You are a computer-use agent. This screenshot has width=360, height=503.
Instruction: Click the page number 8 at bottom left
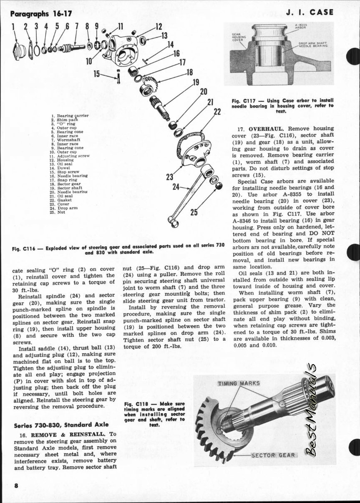pos(15,485)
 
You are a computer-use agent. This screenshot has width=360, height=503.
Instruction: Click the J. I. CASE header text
pos(310,12)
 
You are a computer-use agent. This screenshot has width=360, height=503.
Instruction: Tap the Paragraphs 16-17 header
pos(41,13)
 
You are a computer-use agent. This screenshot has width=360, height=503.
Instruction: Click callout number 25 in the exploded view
pos(194,213)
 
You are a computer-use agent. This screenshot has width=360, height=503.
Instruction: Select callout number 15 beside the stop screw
pos(97,74)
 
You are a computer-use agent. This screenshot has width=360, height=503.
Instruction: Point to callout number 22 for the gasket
pos(217,112)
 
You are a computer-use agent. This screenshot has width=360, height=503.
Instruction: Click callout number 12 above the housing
pos(159,27)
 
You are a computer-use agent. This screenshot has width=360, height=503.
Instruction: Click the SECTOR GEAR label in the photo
pos(273,455)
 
